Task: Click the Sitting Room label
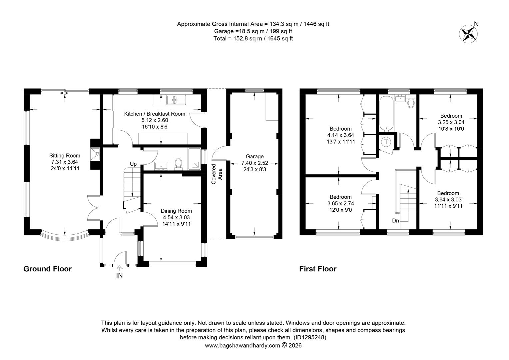pyautogui.click(x=65, y=156)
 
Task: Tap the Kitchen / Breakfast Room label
pyautogui.click(x=155, y=114)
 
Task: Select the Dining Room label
pyautogui.click(x=176, y=211)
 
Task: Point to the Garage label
pyautogui.click(x=255, y=156)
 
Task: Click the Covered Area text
pyautogui.click(x=217, y=174)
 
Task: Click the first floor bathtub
pyautogui.click(x=386, y=113)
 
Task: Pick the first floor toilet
pyautogui.click(x=411, y=103)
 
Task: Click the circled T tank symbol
pyautogui.click(x=386, y=142)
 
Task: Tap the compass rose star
pyautogui.click(x=468, y=34)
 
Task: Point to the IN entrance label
pyautogui.click(x=119, y=275)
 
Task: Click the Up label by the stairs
pyautogui.click(x=133, y=164)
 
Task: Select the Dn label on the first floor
pyautogui.click(x=396, y=221)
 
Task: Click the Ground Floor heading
pyautogui.click(x=48, y=269)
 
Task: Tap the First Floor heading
pyautogui.click(x=318, y=269)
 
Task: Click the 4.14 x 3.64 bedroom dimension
pyautogui.click(x=341, y=135)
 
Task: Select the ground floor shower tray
pyautogui.click(x=195, y=159)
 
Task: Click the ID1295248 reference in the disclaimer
pyautogui.click(x=310, y=337)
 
